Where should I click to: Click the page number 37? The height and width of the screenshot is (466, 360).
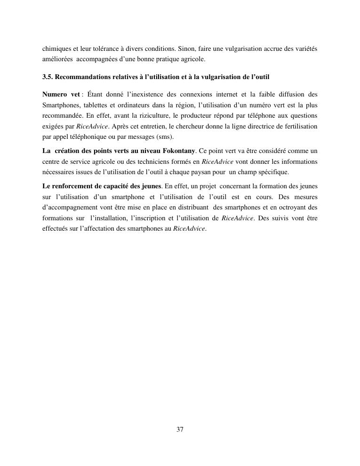(x=180, y=429)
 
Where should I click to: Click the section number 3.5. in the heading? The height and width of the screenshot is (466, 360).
(x=48, y=77)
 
